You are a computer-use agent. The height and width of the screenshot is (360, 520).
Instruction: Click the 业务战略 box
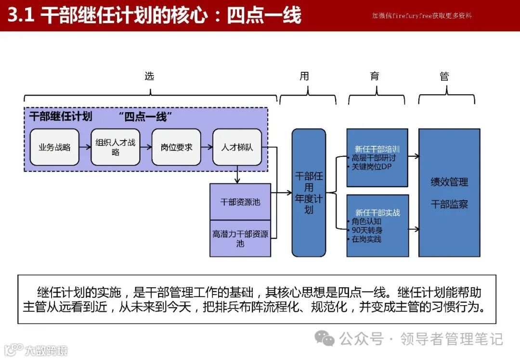[54, 147]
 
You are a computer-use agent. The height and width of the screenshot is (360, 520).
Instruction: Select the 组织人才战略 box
[116, 147]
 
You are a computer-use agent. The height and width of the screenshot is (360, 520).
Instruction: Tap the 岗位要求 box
[176, 147]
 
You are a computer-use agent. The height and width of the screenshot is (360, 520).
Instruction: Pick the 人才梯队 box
[237, 147]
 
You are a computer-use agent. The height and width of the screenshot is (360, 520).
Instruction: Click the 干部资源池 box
[240, 202]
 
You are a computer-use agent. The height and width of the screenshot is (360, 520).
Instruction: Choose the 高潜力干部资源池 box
[240, 238]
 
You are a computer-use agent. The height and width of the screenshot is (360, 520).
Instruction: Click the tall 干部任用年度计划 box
[309, 193]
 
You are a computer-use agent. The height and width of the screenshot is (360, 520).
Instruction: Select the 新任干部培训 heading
[377, 149]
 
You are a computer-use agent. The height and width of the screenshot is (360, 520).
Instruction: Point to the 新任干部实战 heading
[377, 212]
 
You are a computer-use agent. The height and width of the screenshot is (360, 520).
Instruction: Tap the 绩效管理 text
[449, 182]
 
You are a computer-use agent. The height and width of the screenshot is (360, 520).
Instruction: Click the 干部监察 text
[449, 204]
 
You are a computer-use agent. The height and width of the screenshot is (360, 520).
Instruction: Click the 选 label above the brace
[149, 76]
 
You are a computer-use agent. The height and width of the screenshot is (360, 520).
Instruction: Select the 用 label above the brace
[304, 76]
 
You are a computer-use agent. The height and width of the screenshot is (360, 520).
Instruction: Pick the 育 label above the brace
[375, 76]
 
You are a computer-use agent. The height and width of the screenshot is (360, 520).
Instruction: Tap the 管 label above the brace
[444, 76]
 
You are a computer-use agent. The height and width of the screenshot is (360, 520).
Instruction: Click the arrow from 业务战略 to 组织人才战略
[85, 147]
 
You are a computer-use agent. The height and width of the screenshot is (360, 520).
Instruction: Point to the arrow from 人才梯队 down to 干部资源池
[237, 174]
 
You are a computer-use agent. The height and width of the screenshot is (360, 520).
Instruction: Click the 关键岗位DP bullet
[372, 167]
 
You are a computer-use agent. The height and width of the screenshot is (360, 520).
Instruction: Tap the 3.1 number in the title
[21, 16]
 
